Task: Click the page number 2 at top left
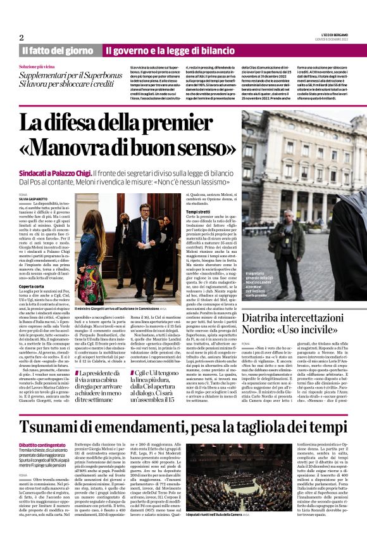(21, 37)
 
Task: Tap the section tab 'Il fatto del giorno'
(58, 50)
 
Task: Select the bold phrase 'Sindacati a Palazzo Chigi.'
(54, 173)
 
